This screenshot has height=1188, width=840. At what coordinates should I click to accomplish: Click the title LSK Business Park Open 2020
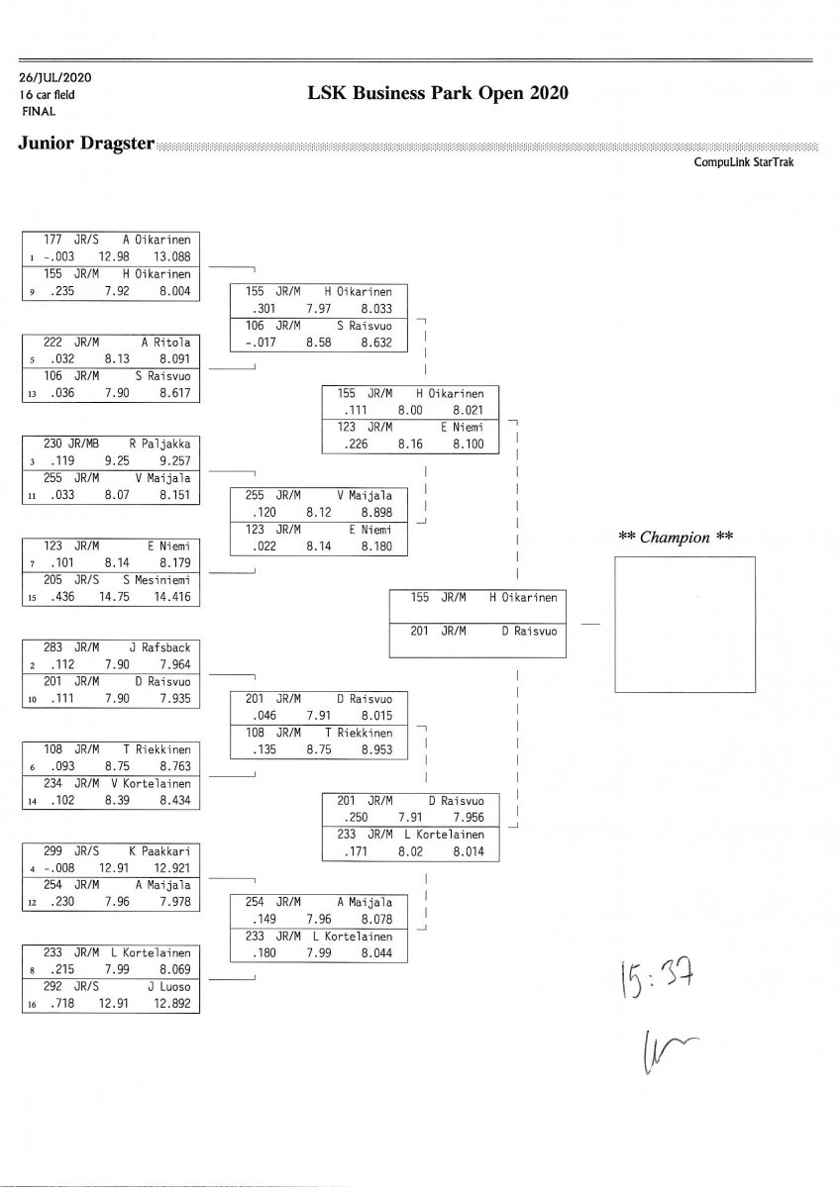pos(439,93)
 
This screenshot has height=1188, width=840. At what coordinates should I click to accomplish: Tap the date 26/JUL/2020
pos(54,77)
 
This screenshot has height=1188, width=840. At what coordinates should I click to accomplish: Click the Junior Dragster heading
pos(86,144)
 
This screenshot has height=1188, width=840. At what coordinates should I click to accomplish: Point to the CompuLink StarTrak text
pos(750,162)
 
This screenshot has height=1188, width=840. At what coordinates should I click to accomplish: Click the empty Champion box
pos(684,624)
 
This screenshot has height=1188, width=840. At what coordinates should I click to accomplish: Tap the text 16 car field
pos(47,95)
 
